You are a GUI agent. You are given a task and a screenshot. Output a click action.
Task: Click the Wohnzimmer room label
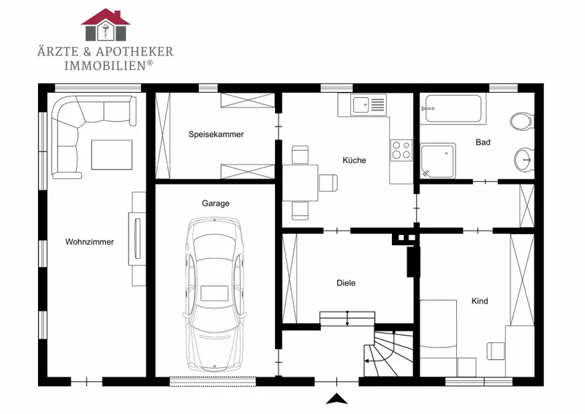pyautogui.click(x=89, y=242)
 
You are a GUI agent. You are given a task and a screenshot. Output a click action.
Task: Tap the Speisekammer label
pyautogui.click(x=216, y=135)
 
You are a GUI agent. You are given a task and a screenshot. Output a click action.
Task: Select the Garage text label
pyautogui.click(x=216, y=203)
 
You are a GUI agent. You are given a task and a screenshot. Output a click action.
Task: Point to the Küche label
pyautogui.click(x=354, y=160)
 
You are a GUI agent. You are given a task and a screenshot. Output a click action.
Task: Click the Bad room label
pyautogui.click(x=483, y=142)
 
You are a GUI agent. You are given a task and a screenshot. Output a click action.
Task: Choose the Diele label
pyautogui.click(x=346, y=283)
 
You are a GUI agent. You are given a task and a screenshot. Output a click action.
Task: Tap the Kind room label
pyautogui.click(x=480, y=301)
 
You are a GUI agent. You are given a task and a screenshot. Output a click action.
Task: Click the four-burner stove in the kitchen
pyautogui.click(x=401, y=150)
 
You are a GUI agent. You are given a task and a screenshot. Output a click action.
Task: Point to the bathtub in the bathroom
pyautogui.click(x=453, y=109)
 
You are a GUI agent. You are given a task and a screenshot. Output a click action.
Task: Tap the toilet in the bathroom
pyautogui.click(x=522, y=121)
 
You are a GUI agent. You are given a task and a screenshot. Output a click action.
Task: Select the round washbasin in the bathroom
pyautogui.click(x=524, y=160)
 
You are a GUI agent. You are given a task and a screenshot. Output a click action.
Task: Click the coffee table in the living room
pyautogui.click(x=112, y=154)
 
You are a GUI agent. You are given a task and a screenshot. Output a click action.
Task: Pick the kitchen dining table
pyautogui.click(x=301, y=183)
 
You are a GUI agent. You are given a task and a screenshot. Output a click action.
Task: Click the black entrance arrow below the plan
pyautogui.click(x=337, y=399)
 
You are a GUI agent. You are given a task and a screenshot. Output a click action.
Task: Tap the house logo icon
pyautogui.click(x=105, y=25)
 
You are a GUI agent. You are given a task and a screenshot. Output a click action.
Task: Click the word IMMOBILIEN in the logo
pyautogui.click(x=105, y=66)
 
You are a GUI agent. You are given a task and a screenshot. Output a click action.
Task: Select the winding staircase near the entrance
pyautogui.click(x=388, y=353)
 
